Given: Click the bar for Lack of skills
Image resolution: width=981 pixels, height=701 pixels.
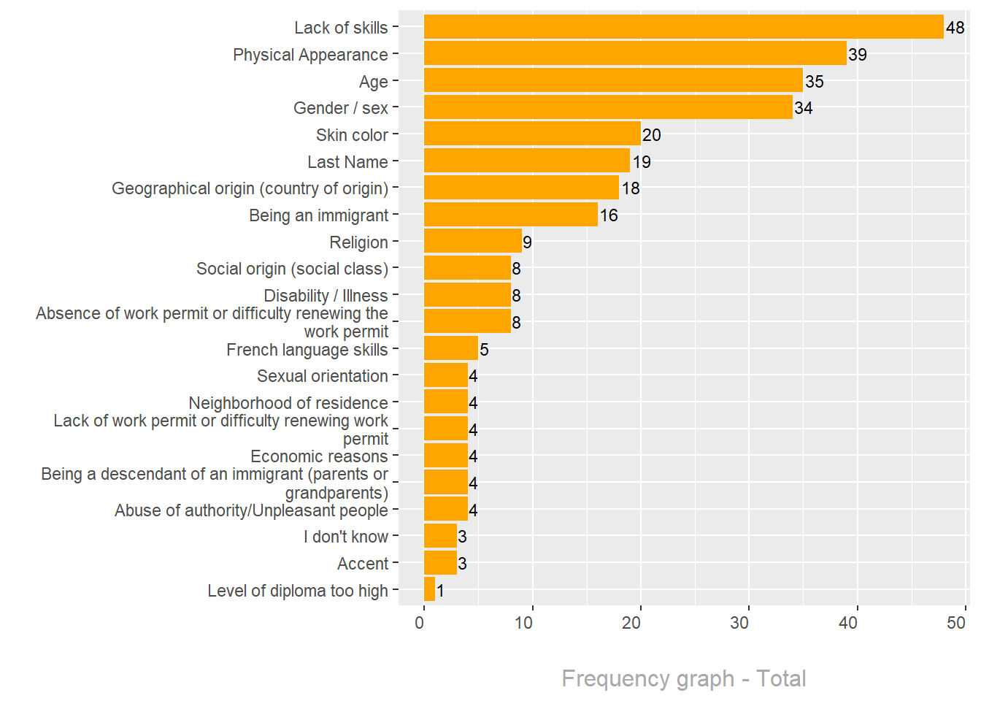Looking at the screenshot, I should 683,27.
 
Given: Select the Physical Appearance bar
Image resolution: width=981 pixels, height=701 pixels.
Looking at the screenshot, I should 635,53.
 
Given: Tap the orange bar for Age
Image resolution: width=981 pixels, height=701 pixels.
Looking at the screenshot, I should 613,80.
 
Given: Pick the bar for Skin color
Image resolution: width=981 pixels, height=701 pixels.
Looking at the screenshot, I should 532,134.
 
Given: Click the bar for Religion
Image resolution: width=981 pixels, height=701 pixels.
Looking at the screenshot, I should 473,241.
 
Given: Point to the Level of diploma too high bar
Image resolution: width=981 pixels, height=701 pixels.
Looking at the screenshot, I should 429,589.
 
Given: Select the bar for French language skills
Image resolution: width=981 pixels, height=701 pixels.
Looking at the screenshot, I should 451,348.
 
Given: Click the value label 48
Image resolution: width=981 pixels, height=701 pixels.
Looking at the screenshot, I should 955,28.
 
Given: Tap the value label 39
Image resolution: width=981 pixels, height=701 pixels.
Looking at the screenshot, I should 858,55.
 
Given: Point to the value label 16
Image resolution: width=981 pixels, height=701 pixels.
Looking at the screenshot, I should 609,215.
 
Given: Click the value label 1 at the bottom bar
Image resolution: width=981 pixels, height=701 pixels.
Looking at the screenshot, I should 440,591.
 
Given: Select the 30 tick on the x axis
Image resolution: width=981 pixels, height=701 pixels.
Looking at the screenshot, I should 739,623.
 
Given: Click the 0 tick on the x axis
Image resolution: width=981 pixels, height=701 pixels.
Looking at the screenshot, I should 420,623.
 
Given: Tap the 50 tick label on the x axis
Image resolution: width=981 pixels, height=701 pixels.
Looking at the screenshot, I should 956,623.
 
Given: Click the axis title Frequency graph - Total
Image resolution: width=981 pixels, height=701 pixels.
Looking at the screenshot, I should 684,678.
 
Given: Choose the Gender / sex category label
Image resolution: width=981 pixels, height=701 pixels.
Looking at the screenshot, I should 341,108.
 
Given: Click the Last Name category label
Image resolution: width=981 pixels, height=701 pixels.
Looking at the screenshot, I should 347,162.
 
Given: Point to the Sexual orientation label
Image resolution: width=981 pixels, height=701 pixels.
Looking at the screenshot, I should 323,376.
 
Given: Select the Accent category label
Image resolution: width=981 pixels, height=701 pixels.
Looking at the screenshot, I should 363,564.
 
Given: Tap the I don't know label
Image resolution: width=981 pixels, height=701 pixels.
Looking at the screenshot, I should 346,537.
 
